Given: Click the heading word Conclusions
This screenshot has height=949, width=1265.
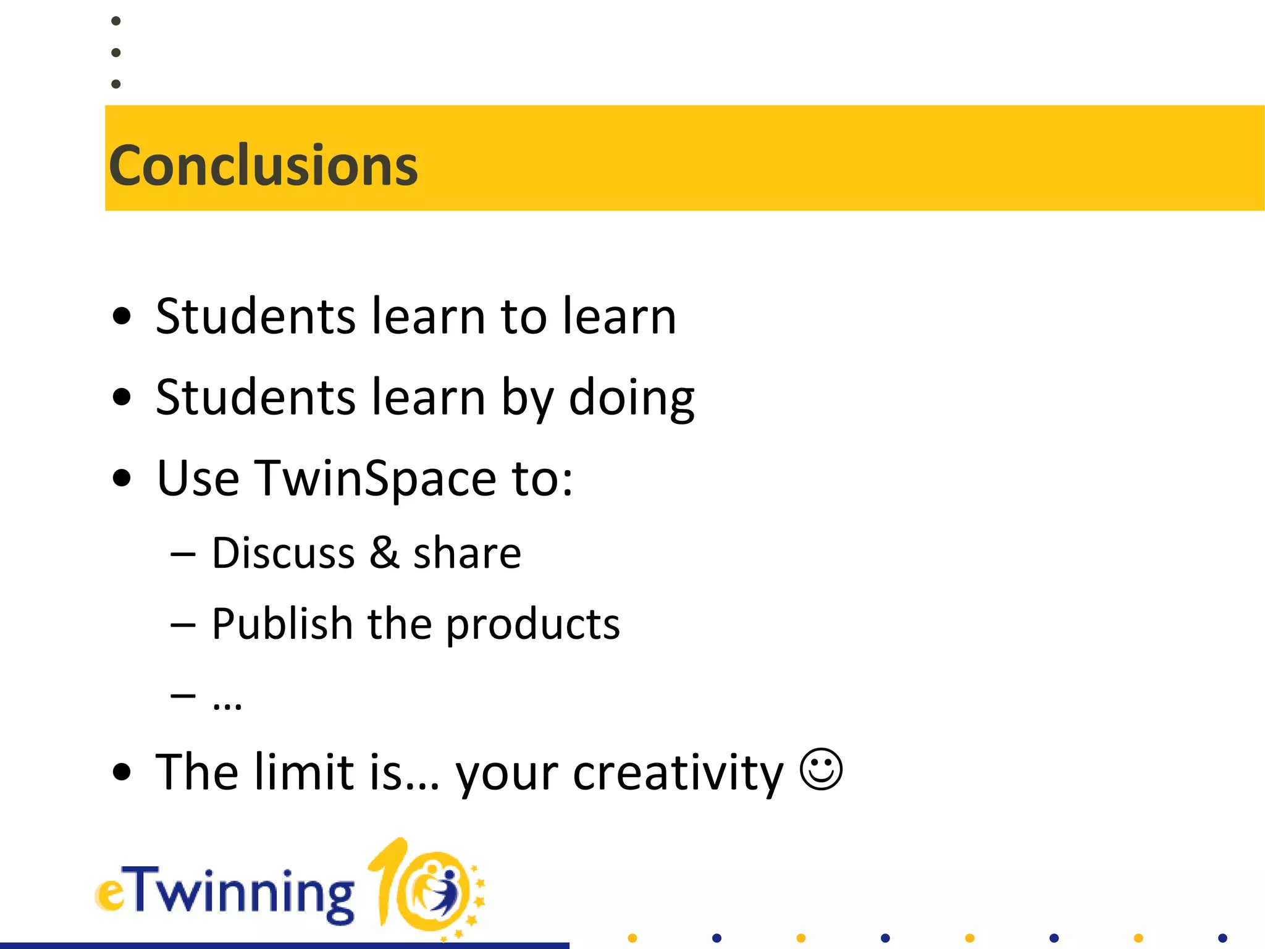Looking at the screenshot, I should click(x=263, y=165).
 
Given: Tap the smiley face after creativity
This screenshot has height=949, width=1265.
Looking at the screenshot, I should click(x=821, y=769).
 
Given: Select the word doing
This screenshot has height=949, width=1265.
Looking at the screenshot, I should click(x=631, y=399).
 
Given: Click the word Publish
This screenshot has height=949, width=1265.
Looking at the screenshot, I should click(x=282, y=623).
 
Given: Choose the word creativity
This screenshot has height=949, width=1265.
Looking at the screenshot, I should click(x=678, y=773).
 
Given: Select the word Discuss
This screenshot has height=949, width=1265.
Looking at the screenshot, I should click(x=284, y=552).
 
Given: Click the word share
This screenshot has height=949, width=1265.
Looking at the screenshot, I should click(x=467, y=552).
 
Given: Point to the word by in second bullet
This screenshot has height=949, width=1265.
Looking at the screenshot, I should click(x=527, y=399).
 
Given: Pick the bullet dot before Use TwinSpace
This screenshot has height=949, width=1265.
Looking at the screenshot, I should click(x=122, y=478).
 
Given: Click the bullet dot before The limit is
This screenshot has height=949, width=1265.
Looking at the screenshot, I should click(x=122, y=772).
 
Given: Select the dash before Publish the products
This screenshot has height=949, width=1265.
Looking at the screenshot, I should click(x=183, y=625).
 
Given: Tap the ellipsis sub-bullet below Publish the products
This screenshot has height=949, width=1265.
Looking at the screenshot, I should click(x=227, y=705).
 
